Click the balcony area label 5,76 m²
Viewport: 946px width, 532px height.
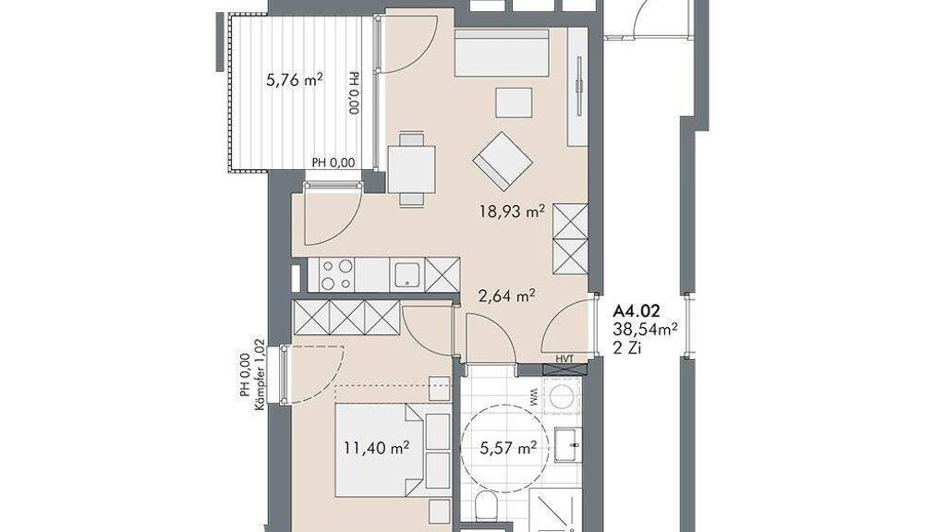tap(295, 79)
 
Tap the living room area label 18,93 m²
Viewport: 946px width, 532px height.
tap(512, 212)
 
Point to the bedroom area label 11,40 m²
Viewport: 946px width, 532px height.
tap(377, 448)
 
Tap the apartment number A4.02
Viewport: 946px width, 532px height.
tap(637, 311)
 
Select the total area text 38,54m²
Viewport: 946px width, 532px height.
tap(645, 330)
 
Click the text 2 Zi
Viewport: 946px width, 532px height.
tap(627, 347)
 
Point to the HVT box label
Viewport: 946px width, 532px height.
tap(564, 359)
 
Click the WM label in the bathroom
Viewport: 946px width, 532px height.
tap(533, 396)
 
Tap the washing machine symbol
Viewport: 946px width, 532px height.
tap(563, 396)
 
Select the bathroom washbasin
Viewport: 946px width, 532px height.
tap(568, 445)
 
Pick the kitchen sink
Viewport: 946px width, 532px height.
tap(407, 274)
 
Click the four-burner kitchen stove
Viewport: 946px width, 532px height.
tap(336, 274)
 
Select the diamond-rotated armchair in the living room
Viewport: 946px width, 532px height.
tap(503, 162)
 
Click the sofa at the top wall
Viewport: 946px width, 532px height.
tap(502, 53)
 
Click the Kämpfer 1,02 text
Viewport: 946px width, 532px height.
tap(260, 375)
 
